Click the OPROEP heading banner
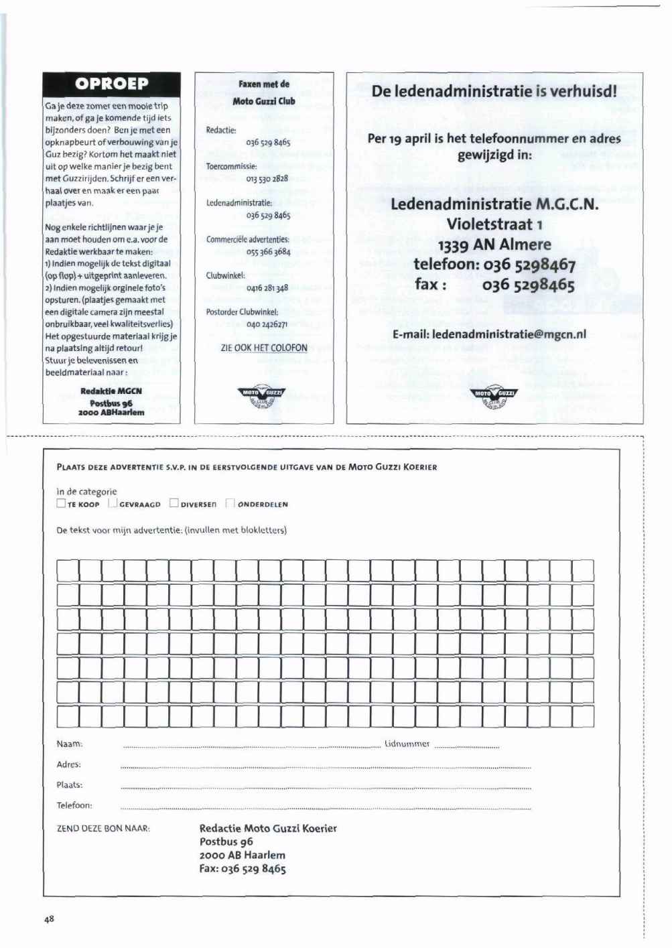click(x=111, y=84)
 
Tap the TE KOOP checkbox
click(x=61, y=503)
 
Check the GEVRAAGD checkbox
click(x=113, y=503)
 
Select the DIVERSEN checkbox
click(x=174, y=503)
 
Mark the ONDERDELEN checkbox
click(x=230, y=503)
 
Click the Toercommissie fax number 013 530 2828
click(x=267, y=179)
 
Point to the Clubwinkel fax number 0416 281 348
click(x=267, y=288)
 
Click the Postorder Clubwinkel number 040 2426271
click(x=267, y=324)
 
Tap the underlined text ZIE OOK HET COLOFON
click(x=264, y=348)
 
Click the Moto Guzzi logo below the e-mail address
click(x=495, y=397)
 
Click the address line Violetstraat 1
click(x=494, y=224)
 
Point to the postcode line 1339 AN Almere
click(x=494, y=244)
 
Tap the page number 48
click(x=49, y=919)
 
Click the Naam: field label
click(x=70, y=744)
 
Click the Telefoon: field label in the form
click(x=74, y=805)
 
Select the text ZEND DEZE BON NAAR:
click(x=103, y=829)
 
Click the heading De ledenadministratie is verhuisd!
click(x=494, y=91)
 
